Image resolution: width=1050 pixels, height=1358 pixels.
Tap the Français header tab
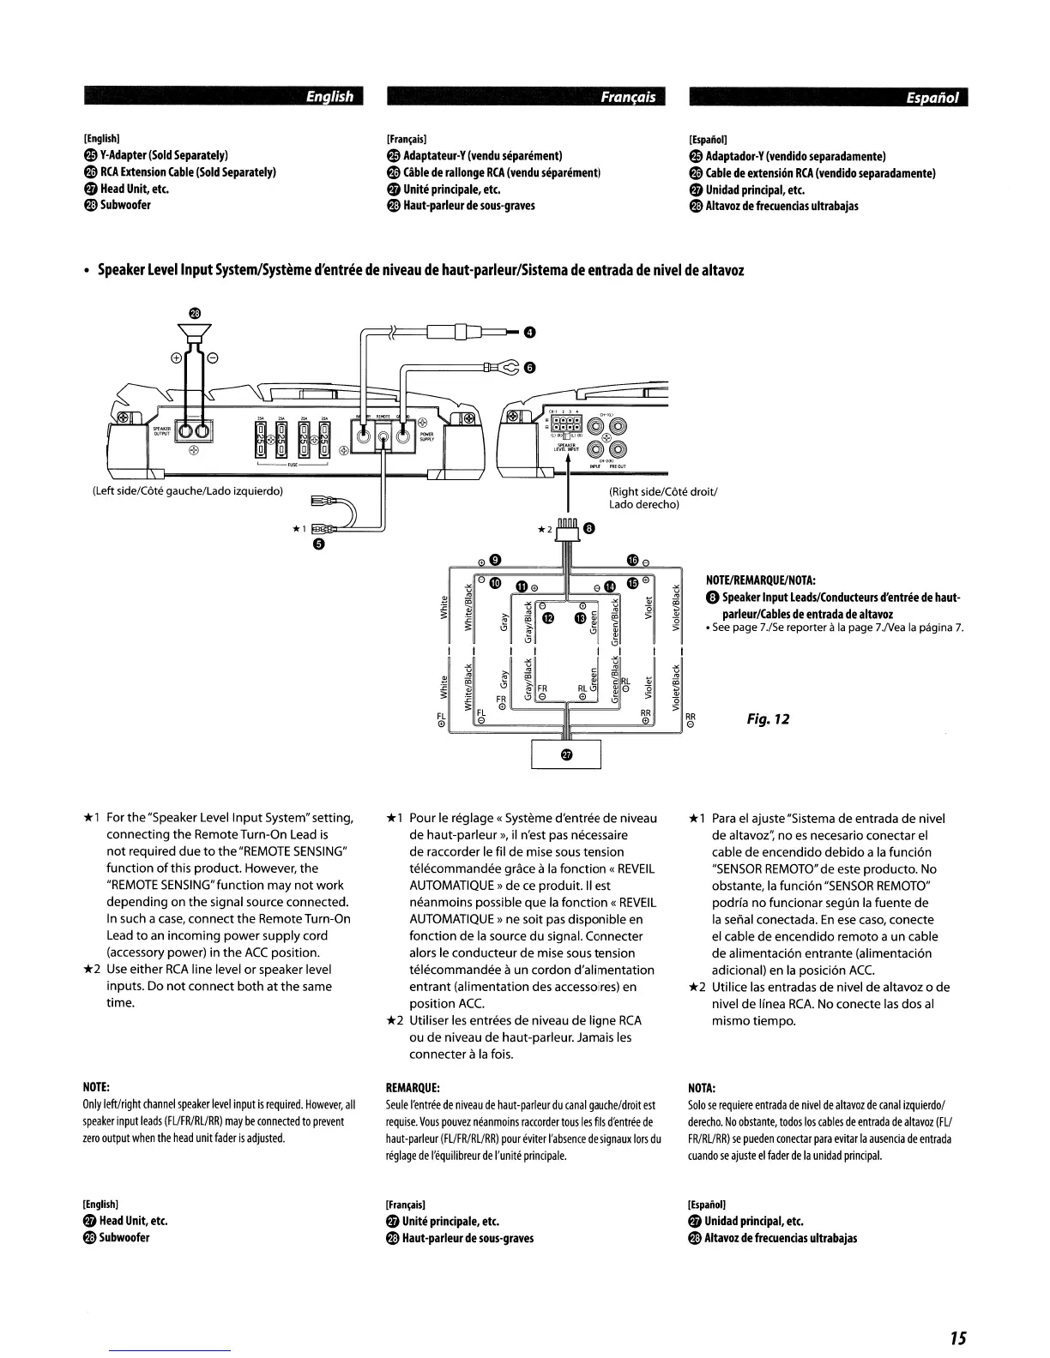tap(628, 97)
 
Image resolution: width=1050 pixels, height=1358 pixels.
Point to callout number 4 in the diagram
tap(529, 333)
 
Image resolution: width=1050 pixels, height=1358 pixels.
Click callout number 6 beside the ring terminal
tap(529, 369)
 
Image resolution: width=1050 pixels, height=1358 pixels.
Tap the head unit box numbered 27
tap(566, 754)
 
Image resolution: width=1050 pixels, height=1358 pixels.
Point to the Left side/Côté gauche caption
tap(187, 491)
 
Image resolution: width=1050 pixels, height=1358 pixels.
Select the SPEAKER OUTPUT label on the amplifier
tap(162, 430)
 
